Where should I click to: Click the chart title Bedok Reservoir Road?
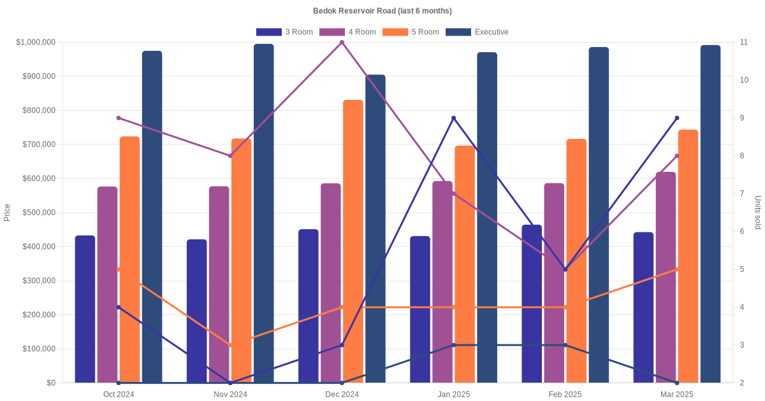pos(382,11)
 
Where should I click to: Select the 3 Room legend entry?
pos(284,32)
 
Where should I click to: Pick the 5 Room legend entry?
pos(411,32)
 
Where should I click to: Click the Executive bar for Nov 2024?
pos(264,213)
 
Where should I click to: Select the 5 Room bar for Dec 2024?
pos(353,242)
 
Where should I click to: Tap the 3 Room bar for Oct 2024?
pos(85,309)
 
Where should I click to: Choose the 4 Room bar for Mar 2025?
pos(666,278)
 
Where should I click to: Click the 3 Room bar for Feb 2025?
pos(532,304)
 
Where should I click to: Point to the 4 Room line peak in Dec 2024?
pos(342,43)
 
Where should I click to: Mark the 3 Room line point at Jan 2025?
pos(454,118)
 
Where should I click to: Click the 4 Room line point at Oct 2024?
pos(119,118)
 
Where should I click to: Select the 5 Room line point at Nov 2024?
pos(230,345)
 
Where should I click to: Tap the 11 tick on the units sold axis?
pos(743,42)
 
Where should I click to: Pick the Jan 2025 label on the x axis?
pos(454,395)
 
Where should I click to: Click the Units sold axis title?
pos(757,213)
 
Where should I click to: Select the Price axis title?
pos(7,213)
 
